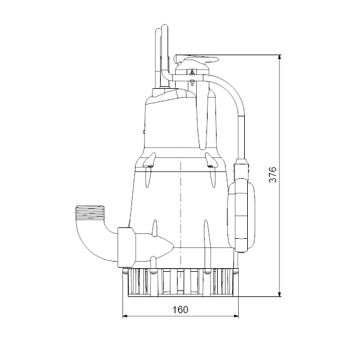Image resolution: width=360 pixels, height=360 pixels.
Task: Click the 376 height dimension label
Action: click(272, 175)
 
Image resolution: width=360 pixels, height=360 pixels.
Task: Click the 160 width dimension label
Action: click(180, 310)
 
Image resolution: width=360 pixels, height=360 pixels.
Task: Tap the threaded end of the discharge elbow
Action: click(90, 212)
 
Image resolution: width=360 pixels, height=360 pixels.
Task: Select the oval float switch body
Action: click(241, 215)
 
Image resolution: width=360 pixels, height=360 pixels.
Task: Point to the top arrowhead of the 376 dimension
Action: click(280, 58)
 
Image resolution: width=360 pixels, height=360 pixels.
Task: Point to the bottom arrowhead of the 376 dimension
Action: click(280, 294)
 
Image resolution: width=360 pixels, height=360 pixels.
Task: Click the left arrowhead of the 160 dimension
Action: click(125, 316)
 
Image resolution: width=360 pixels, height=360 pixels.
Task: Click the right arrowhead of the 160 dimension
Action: click(236, 316)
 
